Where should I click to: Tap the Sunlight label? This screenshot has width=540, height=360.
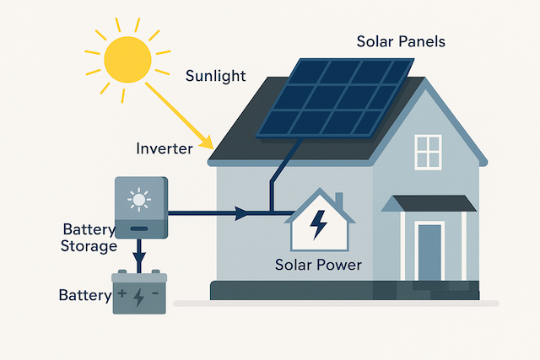[x=215, y=77]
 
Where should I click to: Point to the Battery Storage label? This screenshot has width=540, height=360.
[x=89, y=238]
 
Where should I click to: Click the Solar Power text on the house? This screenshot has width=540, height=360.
[x=318, y=265]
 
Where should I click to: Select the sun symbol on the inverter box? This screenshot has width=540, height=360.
[x=139, y=201]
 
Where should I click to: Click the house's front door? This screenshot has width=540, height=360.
[x=429, y=251]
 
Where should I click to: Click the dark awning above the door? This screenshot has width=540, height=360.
[x=429, y=203]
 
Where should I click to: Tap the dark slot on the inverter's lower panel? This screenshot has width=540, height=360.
[x=140, y=228]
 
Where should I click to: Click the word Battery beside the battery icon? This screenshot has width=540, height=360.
[x=84, y=296]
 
